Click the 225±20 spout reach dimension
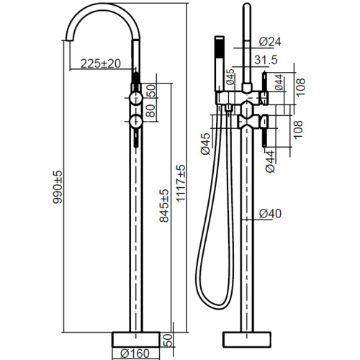(x=101, y=63)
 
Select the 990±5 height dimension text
(x=58, y=187)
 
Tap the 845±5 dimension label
(x=164, y=206)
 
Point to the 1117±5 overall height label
(x=181, y=183)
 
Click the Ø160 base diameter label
(x=135, y=354)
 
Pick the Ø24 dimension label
(x=270, y=42)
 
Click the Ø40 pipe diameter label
(x=270, y=213)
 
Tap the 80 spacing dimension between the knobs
(x=150, y=110)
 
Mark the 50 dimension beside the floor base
(x=168, y=340)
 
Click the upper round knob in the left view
(x=136, y=98)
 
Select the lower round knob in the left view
(x=136, y=122)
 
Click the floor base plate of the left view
(x=136, y=339)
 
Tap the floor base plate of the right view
(x=247, y=339)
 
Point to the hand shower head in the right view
(x=220, y=63)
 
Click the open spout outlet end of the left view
(x=69, y=40)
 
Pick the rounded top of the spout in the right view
(x=247, y=5)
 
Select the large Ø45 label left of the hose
(x=205, y=144)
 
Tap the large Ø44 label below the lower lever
(x=270, y=161)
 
